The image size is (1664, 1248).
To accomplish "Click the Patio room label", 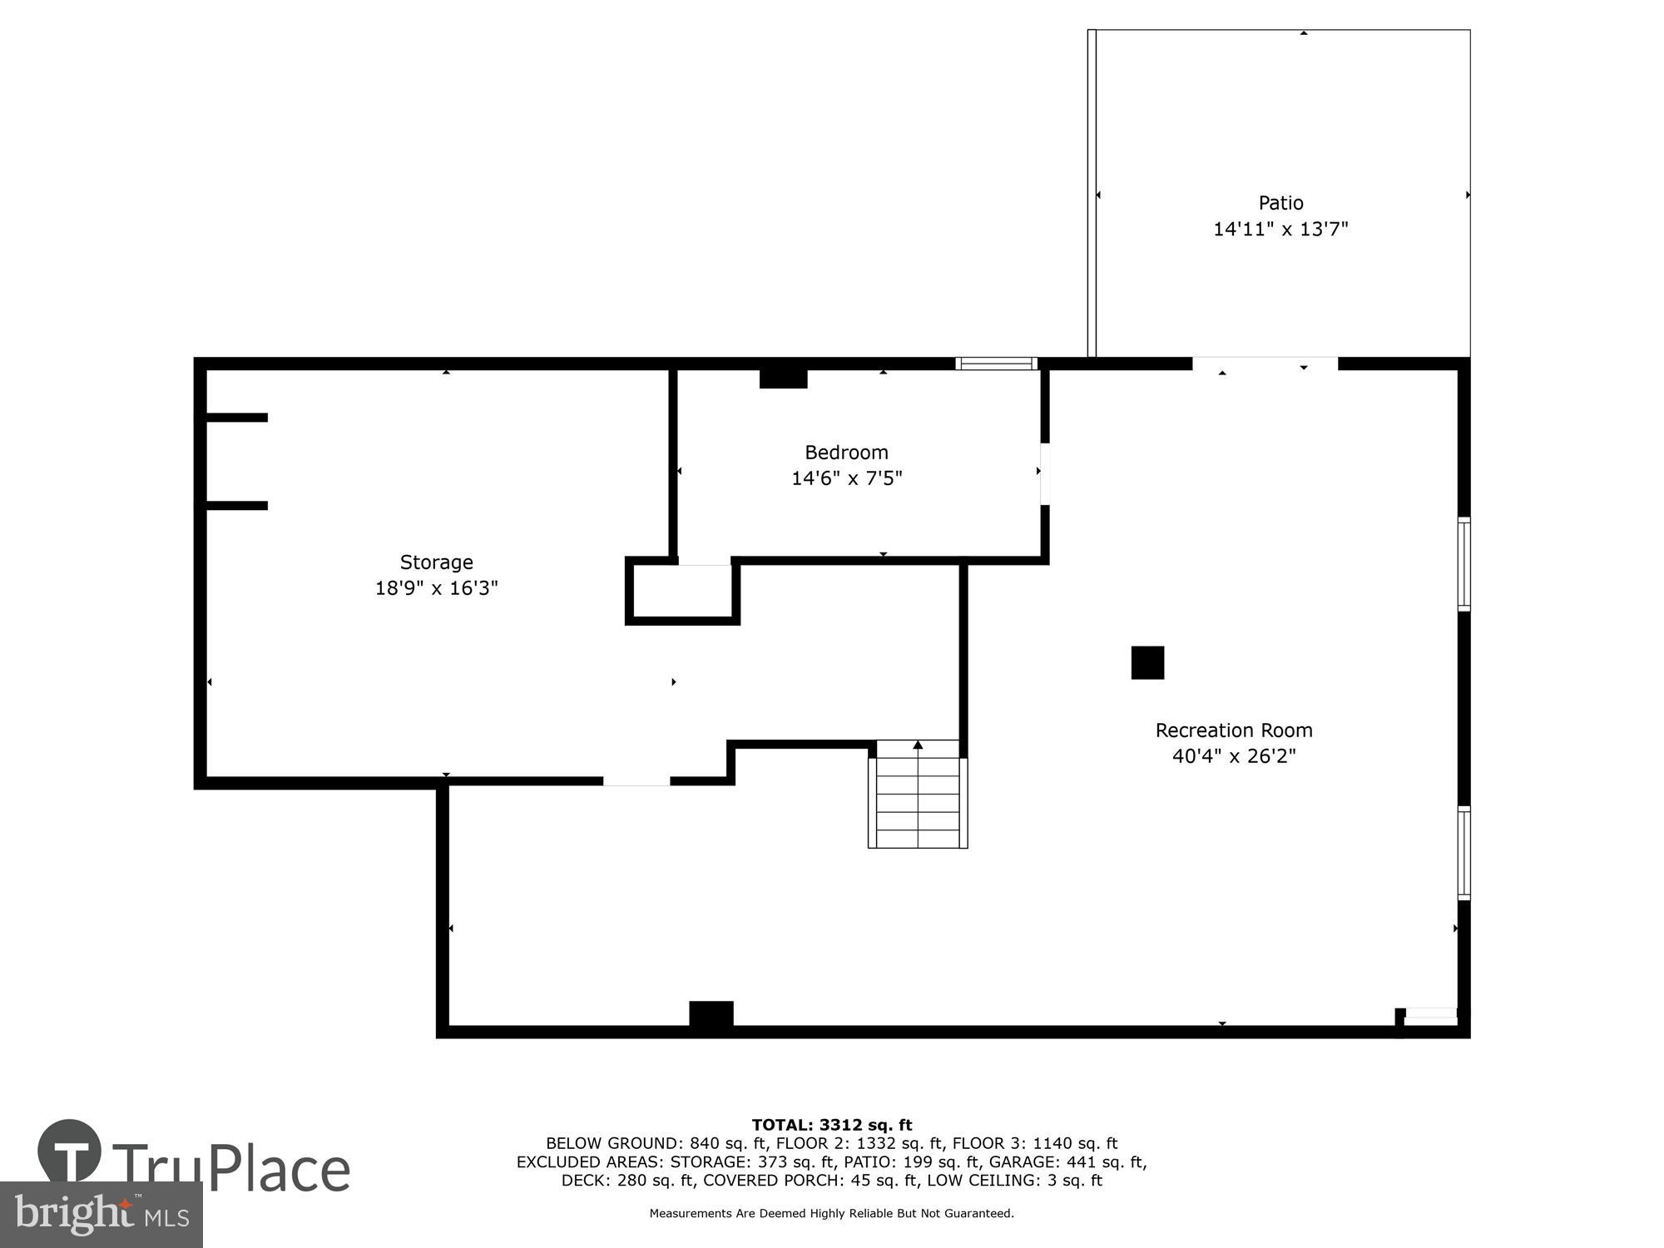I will point(1280,203).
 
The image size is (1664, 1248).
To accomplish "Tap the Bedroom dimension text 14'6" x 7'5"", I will point(846,478).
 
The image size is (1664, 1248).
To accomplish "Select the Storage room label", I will point(436,562).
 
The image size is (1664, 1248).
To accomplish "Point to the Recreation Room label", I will point(1233,730).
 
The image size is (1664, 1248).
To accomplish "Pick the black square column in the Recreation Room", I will point(1147,662).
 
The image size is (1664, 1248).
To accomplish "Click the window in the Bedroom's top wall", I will point(996,364).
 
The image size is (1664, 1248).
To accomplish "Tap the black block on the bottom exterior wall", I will point(711,1016).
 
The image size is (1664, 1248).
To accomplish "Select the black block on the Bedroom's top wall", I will point(783,378).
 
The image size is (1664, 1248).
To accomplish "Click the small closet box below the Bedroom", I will point(682,592).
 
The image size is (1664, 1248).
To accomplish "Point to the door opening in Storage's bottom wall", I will point(636,781).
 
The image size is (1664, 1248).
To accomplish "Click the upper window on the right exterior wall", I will point(1463,564).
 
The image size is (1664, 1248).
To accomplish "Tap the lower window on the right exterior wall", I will point(1463,853).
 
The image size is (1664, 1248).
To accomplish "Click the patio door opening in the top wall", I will point(1265,364).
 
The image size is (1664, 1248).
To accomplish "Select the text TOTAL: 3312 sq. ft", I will point(831,1126).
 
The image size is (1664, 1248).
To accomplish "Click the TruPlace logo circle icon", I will point(70,1151).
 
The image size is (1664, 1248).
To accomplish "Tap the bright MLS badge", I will point(101,1215).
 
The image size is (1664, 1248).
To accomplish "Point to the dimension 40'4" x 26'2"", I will point(1233,756).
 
